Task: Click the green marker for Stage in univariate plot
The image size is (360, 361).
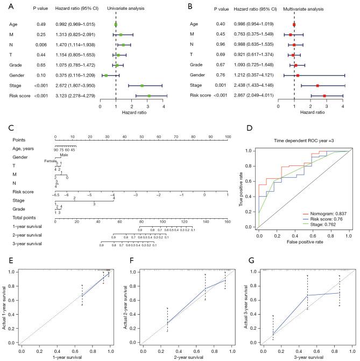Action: click(142, 86)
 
